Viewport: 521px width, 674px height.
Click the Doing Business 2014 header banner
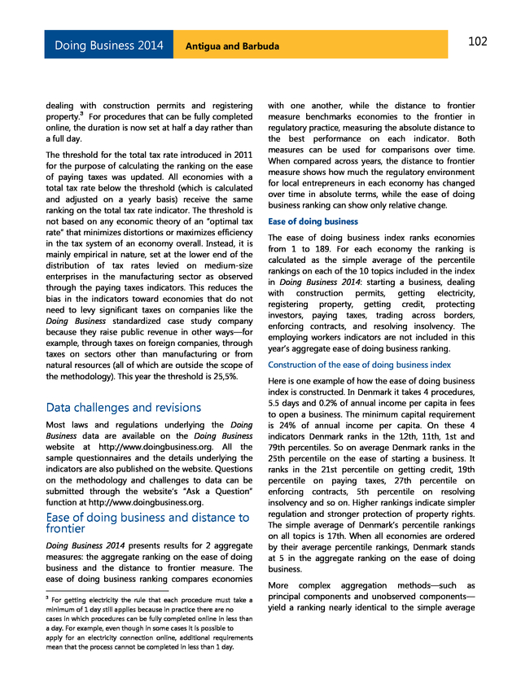tap(108, 46)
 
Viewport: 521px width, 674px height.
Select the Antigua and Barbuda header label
tap(232, 46)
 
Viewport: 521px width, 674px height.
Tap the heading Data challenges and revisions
tap(122, 407)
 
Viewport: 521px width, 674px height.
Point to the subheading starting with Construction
tap(359, 365)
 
